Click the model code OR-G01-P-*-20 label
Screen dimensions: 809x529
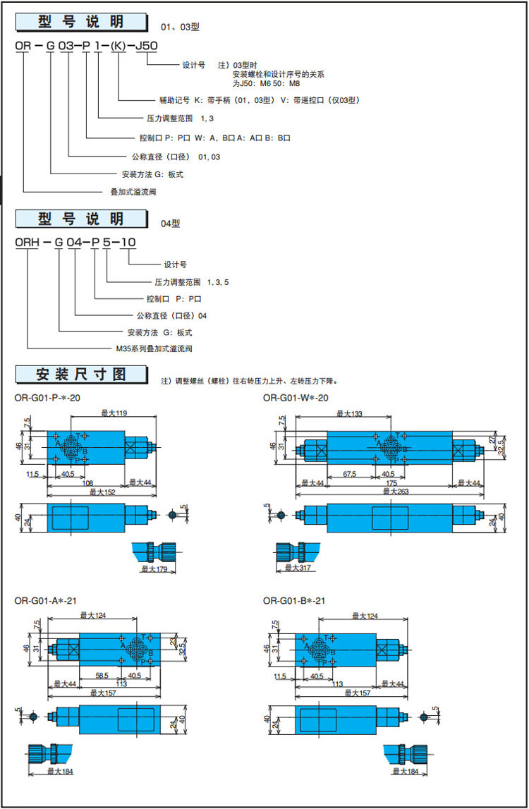pyautogui.click(x=47, y=398)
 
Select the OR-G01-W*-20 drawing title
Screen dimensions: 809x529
pyautogui.click(x=296, y=398)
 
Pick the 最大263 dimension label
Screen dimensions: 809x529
pyautogui.click(x=389, y=491)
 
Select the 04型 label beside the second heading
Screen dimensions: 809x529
pyautogui.click(x=171, y=224)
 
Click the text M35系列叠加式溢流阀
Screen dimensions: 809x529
pyautogui.click(x=154, y=348)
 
